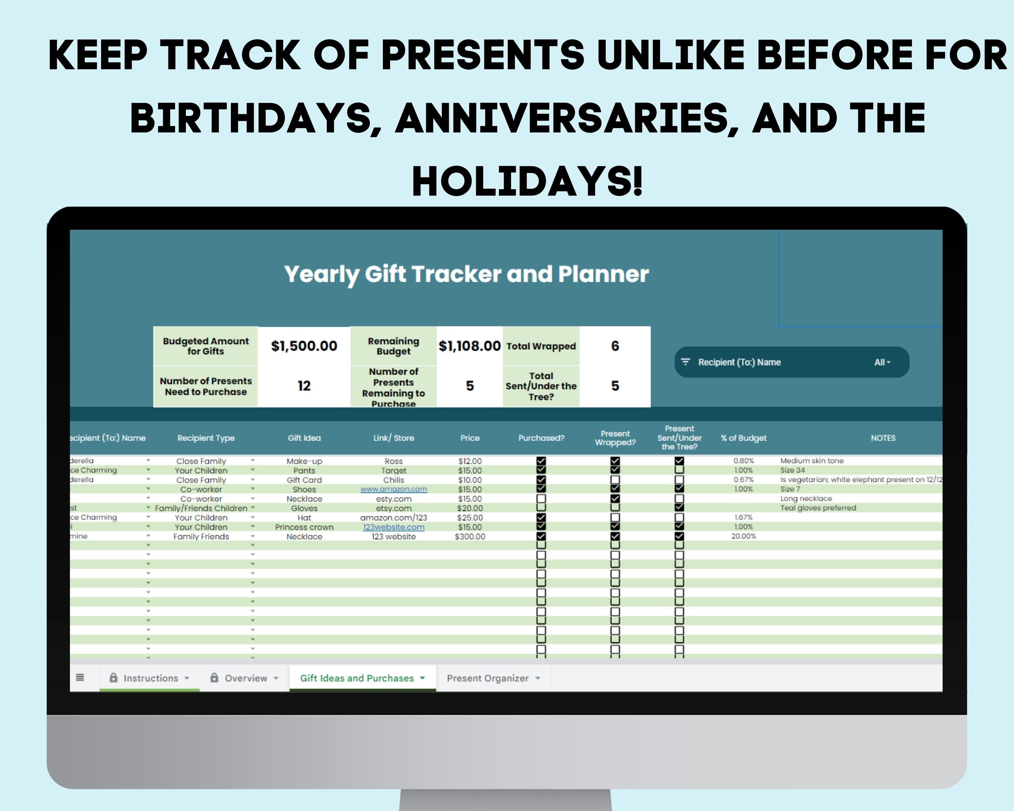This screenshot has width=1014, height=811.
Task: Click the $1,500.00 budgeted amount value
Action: click(x=304, y=346)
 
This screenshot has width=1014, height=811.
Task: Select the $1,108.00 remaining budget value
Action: click(x=469, y=346)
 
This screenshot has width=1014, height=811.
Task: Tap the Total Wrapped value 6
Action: click(x=615, y=346)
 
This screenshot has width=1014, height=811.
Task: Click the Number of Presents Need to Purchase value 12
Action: click(x=304, y=386)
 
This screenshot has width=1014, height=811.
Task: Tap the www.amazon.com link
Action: click(x=394, y=489)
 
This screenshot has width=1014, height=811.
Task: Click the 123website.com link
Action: click(x=394, y=527)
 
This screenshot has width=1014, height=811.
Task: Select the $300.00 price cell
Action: click(x=470, y=536)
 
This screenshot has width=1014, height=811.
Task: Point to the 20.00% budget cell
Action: click(x=744, y=536)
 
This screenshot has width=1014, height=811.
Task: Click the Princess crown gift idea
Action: click(x=304, y=527)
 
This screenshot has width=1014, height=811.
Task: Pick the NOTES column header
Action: click(x=883, y=438)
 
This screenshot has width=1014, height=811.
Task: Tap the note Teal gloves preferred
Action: click(x=818, y=508)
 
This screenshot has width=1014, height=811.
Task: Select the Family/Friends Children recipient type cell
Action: click(x=201, y=508)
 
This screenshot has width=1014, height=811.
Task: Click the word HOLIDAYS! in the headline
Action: click(x=527, y=181)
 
